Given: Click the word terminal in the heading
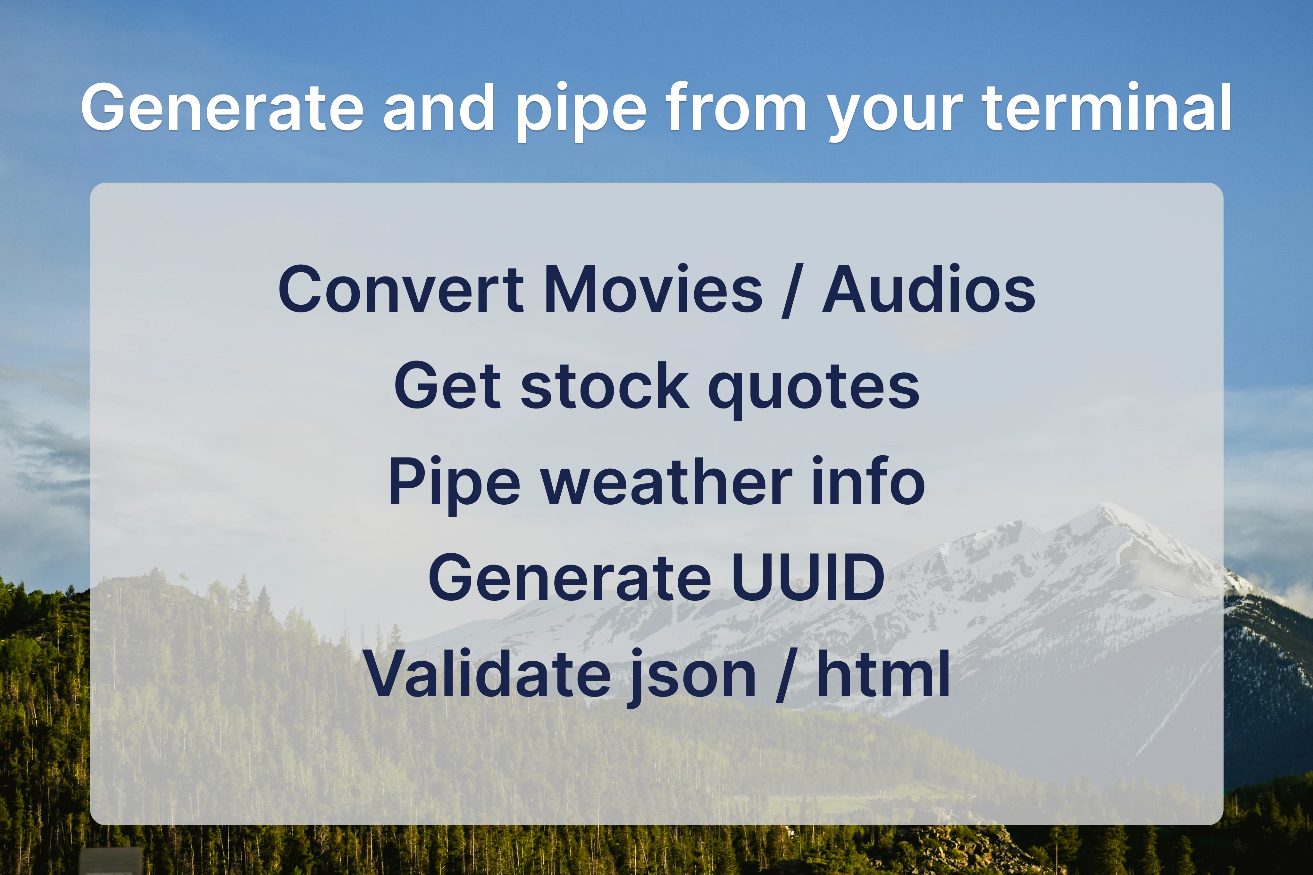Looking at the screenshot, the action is [x=1107, y=107].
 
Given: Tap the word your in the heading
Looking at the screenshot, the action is [x=895, y=114].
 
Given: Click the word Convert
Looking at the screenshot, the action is [x=401, y=289].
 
